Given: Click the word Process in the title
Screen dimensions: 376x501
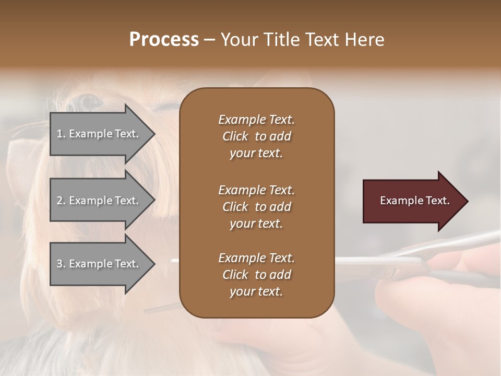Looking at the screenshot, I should tap(164, 40).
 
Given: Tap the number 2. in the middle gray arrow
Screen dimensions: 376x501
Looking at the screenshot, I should tap(62, 201).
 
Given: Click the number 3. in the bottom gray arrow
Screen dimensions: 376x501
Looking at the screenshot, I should tap(62, 264).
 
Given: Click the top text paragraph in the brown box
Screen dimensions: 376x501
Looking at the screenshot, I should tap(256, 136).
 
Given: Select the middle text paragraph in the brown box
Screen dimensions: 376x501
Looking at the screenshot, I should tap(256, 207).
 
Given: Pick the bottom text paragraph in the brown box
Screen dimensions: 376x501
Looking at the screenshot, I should tap(256, 275).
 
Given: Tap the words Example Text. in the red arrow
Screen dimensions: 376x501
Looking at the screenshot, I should tap(415, 201).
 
